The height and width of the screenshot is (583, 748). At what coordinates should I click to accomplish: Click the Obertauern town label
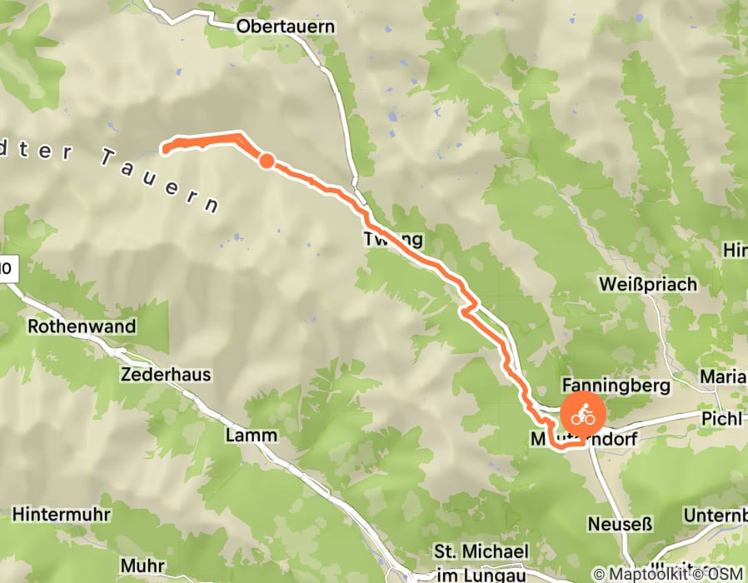pyautogui.click(x=286, y=27)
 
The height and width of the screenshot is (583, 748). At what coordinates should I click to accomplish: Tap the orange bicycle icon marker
pyautogui.click(x=582, y=412)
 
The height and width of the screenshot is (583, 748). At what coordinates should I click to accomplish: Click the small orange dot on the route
pyautogui.click(x=266, y=161)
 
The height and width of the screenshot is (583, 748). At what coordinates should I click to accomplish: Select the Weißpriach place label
pyautogui.click(x=648, y=285)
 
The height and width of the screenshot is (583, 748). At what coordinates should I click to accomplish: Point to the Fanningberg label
pyautogui.click(x=616, y=386)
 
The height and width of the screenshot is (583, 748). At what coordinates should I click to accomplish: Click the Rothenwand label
pyautogui.click(x=82, y=326)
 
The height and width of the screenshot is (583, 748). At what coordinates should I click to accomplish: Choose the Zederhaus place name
pyautogui.click(x=166, y=375)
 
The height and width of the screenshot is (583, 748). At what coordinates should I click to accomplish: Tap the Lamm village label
pyautogui.click(x=251, y=436)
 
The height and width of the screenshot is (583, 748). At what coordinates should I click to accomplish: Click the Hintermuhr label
pyautogui.click(x=61, y=514)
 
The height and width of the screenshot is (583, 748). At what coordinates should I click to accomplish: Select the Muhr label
pyautogui.click(x=142, y=566)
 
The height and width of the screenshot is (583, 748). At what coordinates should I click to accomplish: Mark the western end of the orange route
pyautogui.click(x=166, y=150)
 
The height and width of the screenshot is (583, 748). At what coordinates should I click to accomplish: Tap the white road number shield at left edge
pyautogui.click(x=7, y=269)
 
